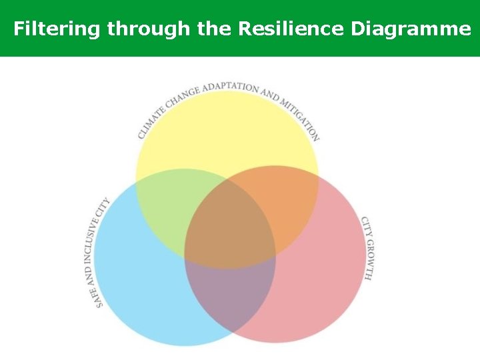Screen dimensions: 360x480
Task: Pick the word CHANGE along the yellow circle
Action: point(182,97)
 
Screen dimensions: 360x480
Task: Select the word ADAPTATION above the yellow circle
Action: point(230,87)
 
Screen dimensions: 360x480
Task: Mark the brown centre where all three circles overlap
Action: point(230,230)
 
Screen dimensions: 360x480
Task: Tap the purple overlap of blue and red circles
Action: point(230,293)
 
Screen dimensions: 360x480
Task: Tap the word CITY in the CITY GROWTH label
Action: point(365,225)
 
